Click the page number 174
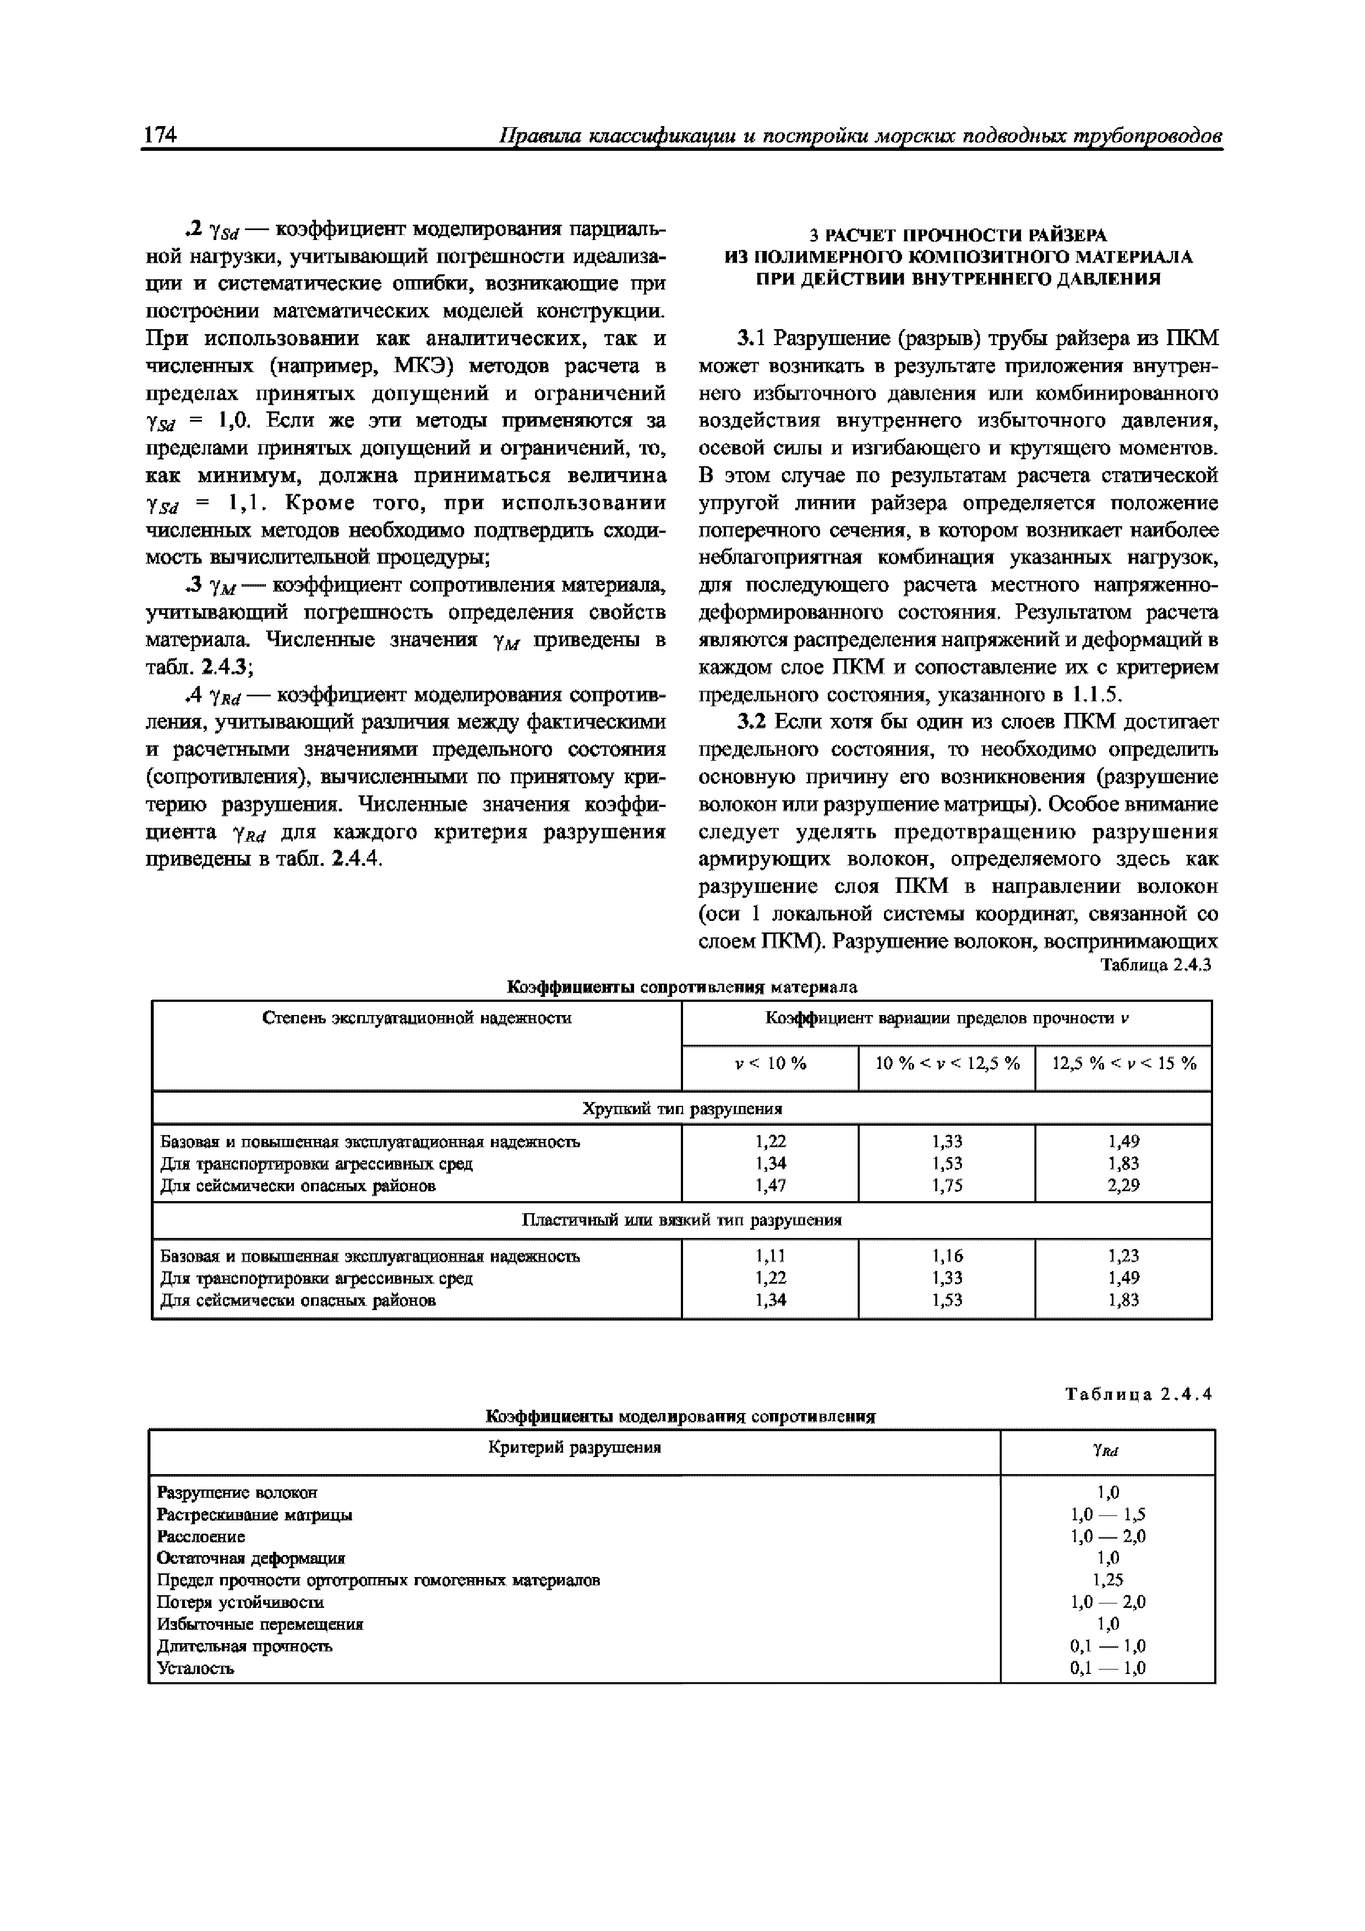point(160,135)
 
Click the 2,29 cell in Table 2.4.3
point(1123,1186)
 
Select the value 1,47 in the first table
point(771,1186)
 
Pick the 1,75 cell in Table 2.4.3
point(947,1186)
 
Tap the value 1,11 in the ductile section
point(771,1256)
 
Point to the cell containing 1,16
point(947,1256)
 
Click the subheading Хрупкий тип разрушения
point(682,1109)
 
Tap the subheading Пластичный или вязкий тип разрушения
point(682,1219)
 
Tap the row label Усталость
point(196,1668)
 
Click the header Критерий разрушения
point(575,1447)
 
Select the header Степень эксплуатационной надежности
point(417,1018)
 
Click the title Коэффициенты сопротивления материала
point(682,986)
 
